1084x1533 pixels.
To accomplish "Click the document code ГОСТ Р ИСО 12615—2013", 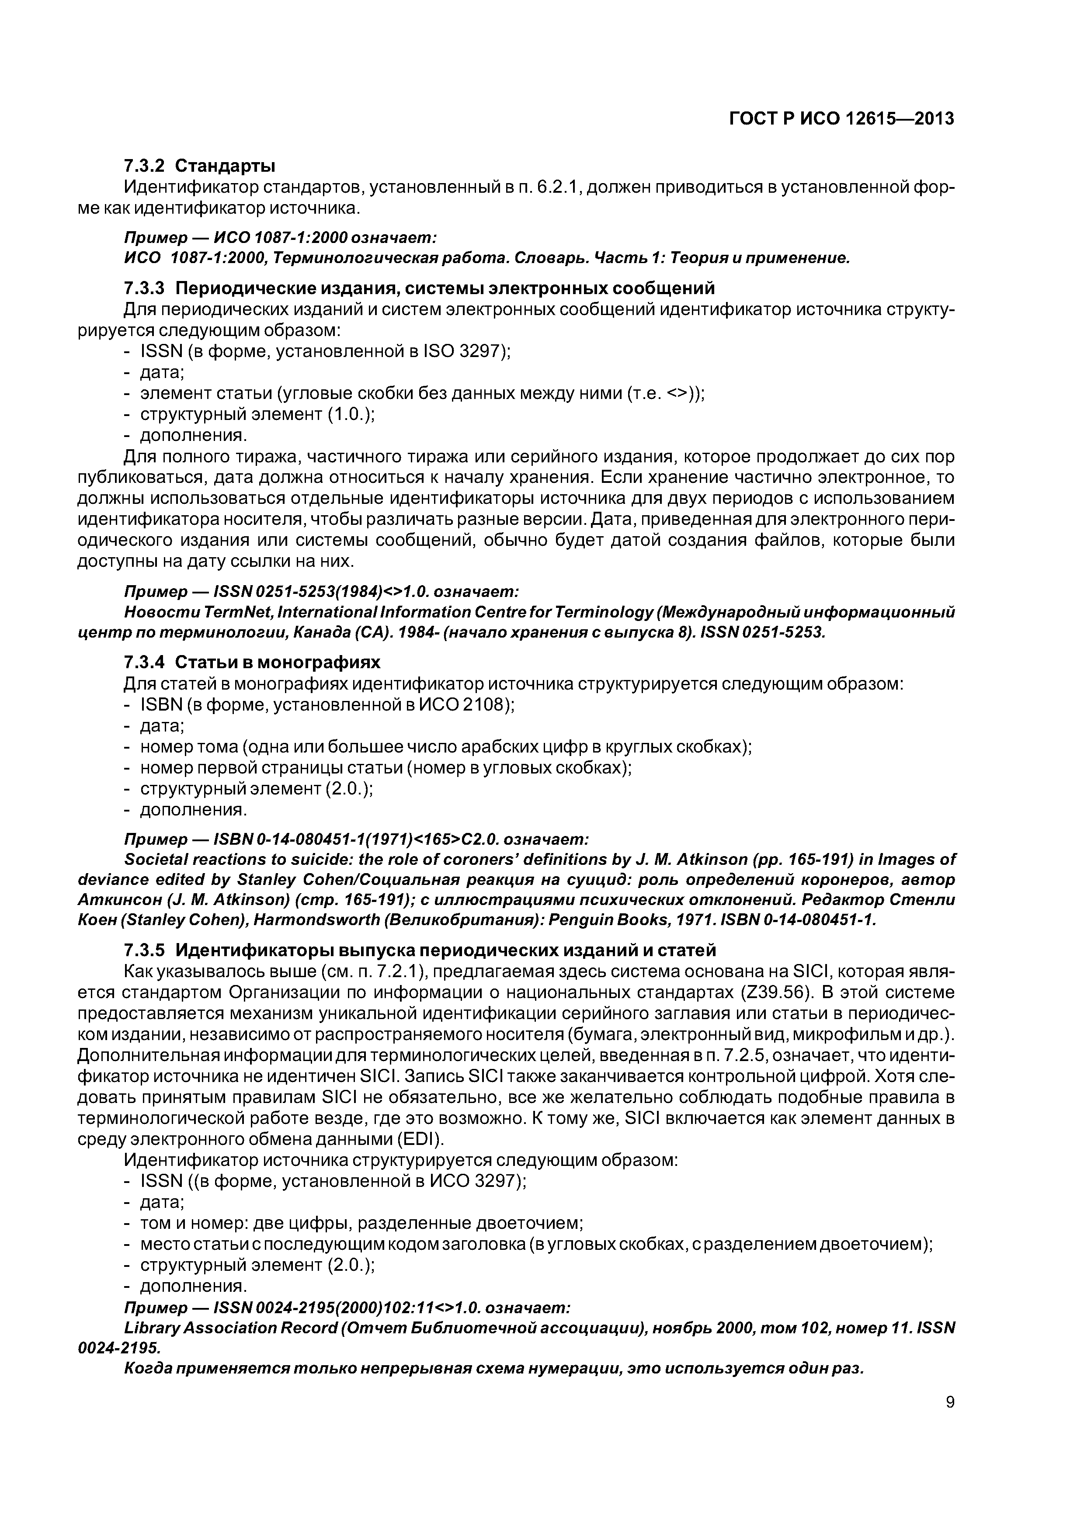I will pyautogui.click(x=841, y=119).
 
